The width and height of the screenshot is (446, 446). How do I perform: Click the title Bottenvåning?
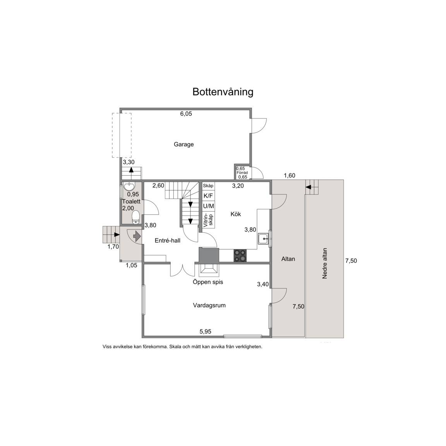click(x=223, y=92)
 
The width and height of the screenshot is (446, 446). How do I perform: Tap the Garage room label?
click(x=184, y=144)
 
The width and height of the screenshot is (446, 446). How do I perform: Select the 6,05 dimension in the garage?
click(x=186, y=114)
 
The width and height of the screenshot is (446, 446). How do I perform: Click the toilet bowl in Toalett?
click(x=136, y=217)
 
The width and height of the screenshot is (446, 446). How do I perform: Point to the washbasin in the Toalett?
click(x=130, y=187)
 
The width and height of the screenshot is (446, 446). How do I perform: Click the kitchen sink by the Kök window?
click(x=263, y=238)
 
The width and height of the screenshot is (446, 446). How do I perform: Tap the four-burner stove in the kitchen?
click(x=240, y=256)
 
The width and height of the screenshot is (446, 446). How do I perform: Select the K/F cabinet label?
click(x=208, y=196)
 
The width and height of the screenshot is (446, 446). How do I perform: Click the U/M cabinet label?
click(x=209, y=206)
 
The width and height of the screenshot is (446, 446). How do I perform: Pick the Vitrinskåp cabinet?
click(x=209, y=220)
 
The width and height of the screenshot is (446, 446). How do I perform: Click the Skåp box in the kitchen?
click(x=208, y=186)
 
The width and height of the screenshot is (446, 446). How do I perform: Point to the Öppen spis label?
click(x=208, y=282)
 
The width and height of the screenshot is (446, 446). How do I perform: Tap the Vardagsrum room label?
click(x=209, y=305)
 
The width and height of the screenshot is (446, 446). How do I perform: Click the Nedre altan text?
click(x=324, y=263)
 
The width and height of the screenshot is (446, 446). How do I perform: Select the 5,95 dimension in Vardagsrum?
click(x=205, y=331)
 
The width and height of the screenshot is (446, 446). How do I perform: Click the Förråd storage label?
click(x=242, y=173)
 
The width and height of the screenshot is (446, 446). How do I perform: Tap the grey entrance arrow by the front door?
click(x=137, y=236)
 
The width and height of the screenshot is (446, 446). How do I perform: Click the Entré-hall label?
click(x=168, y=241)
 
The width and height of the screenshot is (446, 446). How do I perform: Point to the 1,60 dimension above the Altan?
click(x=290, y=175)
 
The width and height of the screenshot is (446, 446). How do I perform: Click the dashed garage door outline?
click(x=122, y=135)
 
